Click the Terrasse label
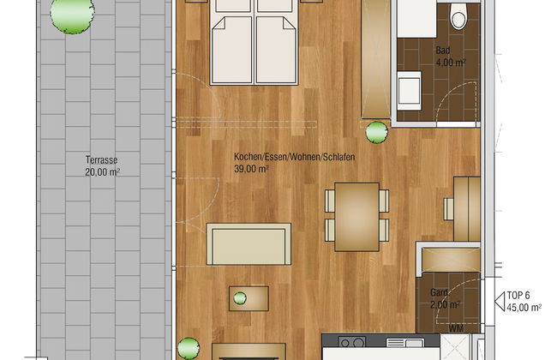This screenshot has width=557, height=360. click(x=101, y=160)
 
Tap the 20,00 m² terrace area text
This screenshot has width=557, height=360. click(x=102, y=172)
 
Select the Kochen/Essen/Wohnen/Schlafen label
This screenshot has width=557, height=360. click(x=295, y=157)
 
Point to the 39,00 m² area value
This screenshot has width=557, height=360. click(x=251, y=169)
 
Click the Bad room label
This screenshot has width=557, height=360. click(x=443, y=50)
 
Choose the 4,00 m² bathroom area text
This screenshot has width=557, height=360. click(x=451, y=63)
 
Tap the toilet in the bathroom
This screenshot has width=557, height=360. click(x=458, y=15)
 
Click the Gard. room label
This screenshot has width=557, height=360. click(x=440, y=293)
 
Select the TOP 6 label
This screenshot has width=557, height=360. click(x=518, y=296)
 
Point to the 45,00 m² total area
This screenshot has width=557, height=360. click(x=524, y=308)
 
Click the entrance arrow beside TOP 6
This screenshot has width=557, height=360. click(x=500, y=302)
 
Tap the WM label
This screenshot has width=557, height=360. click(x=456, y=328)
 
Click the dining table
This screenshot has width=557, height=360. click(x=356, y=217)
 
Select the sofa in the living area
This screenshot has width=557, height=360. click(x=249, y=244)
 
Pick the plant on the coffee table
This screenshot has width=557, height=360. click(x=240, y=298)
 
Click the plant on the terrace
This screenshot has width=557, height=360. click(x=73, y=15)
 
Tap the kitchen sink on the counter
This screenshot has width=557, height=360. click(x=404, y=343)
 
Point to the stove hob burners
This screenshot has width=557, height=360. click(x=351, y=342)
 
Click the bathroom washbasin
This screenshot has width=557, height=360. click(x=410, y=90)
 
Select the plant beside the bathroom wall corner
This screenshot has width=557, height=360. click(x=376, y=133)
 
